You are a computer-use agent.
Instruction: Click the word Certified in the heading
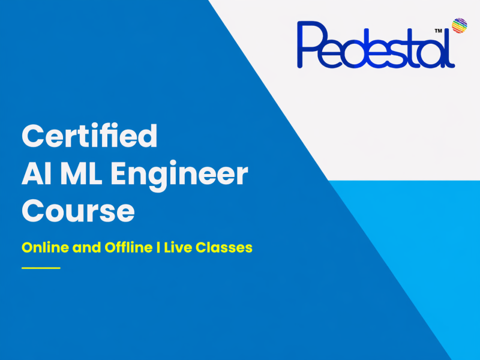point(89,137)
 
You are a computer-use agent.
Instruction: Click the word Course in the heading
point(78,212)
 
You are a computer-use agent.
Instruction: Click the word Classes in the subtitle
point(227,247)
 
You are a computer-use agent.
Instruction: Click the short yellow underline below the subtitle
point(41,268)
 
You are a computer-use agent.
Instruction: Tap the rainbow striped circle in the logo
point(460,25)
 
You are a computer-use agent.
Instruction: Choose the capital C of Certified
point(32,137)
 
